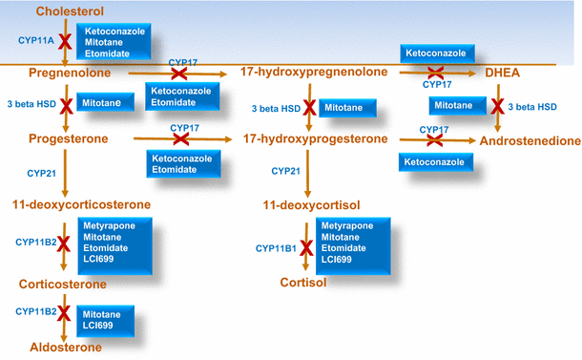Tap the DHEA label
click(x=496, y=73)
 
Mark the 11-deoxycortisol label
click(x=308, y=204)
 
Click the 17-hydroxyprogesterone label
click(x=317, y=140)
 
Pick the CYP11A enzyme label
click(x=35, y=41)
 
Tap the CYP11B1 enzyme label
click(x=277, y=248)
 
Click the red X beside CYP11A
click(x=65, y=41)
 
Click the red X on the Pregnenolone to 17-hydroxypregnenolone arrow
click(x=179, y=74)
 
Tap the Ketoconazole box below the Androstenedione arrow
click(x=436, y=163)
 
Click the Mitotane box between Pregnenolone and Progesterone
click(x=105, y=101)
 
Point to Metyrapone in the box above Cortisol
click(x=348, y=226)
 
